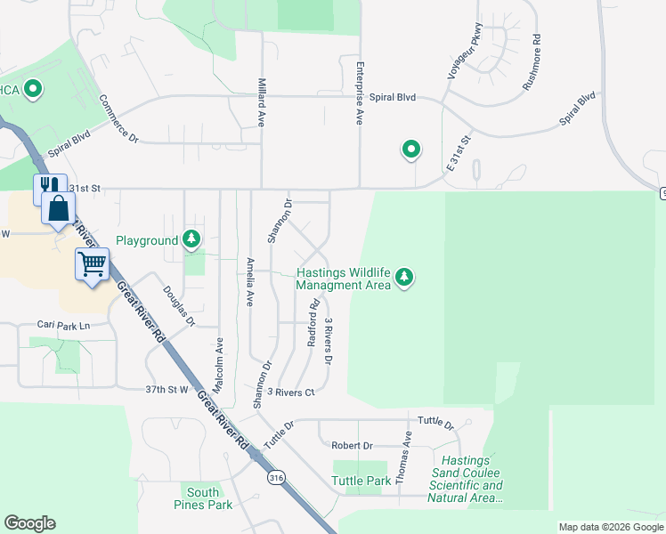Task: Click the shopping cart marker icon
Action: pyautogui.click(x=93, y=263)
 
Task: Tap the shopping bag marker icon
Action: pyautogui.click(x=58, y=209)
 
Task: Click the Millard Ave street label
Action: pyautogui.click(x=262, y=99)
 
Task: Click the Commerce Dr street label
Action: pyautogui.click(x=118, y=118)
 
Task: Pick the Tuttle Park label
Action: pyautogui.click(x=361, y=481)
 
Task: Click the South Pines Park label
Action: pyautogui.click(x=203, y=498)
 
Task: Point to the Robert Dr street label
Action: pyautogui.click(x=352, y=445)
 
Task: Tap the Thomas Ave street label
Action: pyautogui.click(x=403, y=457)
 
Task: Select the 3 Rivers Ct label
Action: pyautogui.click(x=291, y=392)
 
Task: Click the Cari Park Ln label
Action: pyautogui.click(x=64, y=326)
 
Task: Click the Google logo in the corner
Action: pyautogui.click(x=29, y=523)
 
